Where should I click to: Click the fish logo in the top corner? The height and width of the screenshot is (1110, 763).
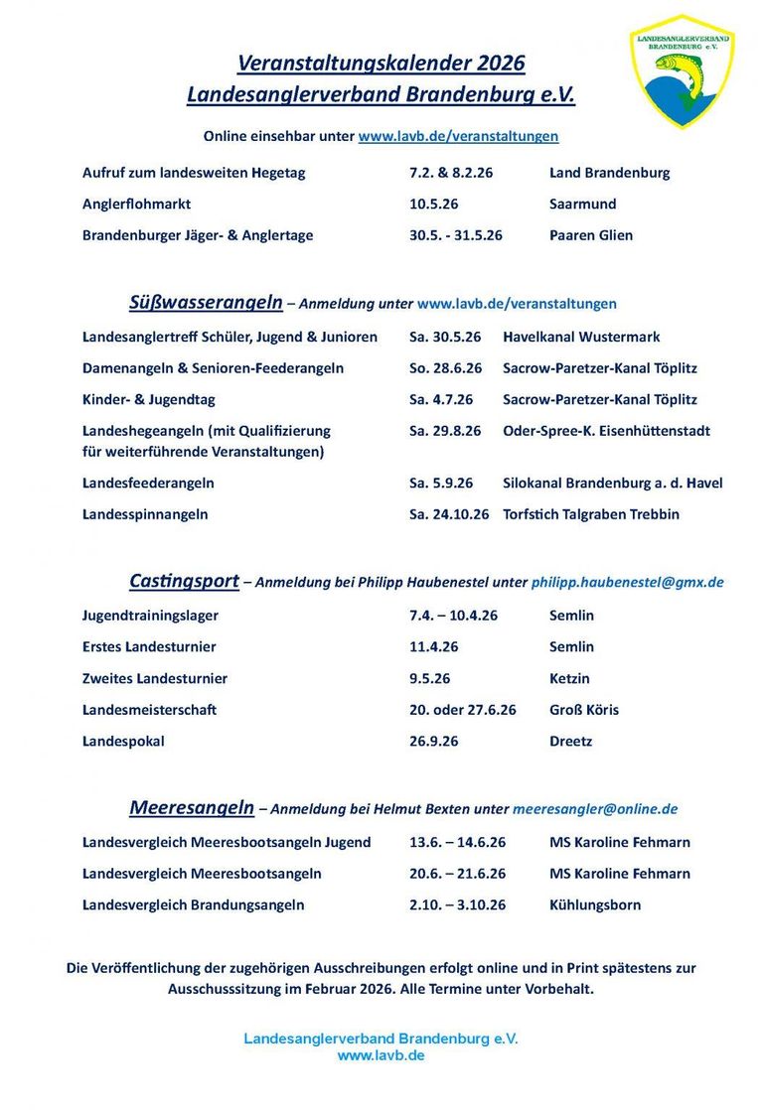click(x=682, y=71)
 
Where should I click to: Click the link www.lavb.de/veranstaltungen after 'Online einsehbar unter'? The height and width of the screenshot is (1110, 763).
click(x=458, y=136)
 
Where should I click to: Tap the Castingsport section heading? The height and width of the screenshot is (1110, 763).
click(x=184, y=581)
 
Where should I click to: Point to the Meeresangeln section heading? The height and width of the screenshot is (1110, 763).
click(x=192, y=807)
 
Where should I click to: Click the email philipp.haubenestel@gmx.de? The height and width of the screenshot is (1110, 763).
click(x=627, y=583)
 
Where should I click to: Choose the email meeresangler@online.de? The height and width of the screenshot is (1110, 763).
click(x=595, y=809)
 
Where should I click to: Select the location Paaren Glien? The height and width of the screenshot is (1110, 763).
click(x=591, y=235)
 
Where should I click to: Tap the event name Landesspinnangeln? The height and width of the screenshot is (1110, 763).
click(x=145, y=514)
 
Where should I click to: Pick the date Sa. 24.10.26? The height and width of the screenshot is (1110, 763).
click(x=449, y=514)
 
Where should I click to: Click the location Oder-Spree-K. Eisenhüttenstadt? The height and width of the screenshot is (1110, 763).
click(x=607, y=431)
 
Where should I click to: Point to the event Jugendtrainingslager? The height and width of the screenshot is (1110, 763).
click(x=150, y=615)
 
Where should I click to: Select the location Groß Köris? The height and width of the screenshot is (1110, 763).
click(x=584, y=710)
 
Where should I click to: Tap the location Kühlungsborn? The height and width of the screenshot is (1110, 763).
click(x=595, y=904)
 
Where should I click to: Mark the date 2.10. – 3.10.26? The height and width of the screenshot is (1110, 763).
click(x=458, y=904)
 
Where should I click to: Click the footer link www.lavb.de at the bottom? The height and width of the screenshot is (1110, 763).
click(x=381, y=1055)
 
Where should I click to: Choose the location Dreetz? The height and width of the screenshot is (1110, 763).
click(x=571, y=741)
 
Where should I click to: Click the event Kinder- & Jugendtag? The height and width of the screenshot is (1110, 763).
click(x=148, y=399)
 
